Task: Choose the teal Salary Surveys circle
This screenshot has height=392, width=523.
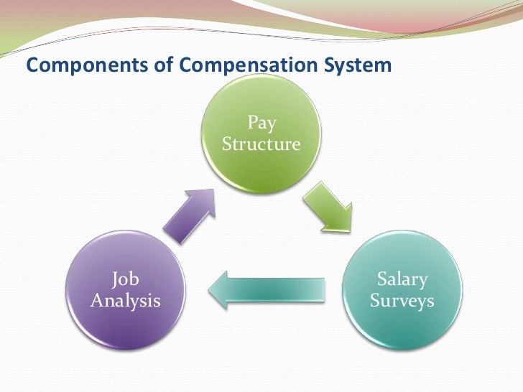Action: click(x=402, y=289)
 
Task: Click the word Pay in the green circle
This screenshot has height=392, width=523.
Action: click(x=261, y=124)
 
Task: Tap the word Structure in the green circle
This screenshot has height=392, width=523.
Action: click(x=261, y=144)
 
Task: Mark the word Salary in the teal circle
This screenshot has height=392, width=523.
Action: click(x=402, y=279)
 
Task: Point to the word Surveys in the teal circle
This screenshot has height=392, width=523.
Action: click(x=402, y=300)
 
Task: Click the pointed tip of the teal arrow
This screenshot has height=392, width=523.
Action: click(x=209, y=289)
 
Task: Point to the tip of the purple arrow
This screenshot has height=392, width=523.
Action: click(x=213, y=190)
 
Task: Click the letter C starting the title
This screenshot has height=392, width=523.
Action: click(x=32, y=66)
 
